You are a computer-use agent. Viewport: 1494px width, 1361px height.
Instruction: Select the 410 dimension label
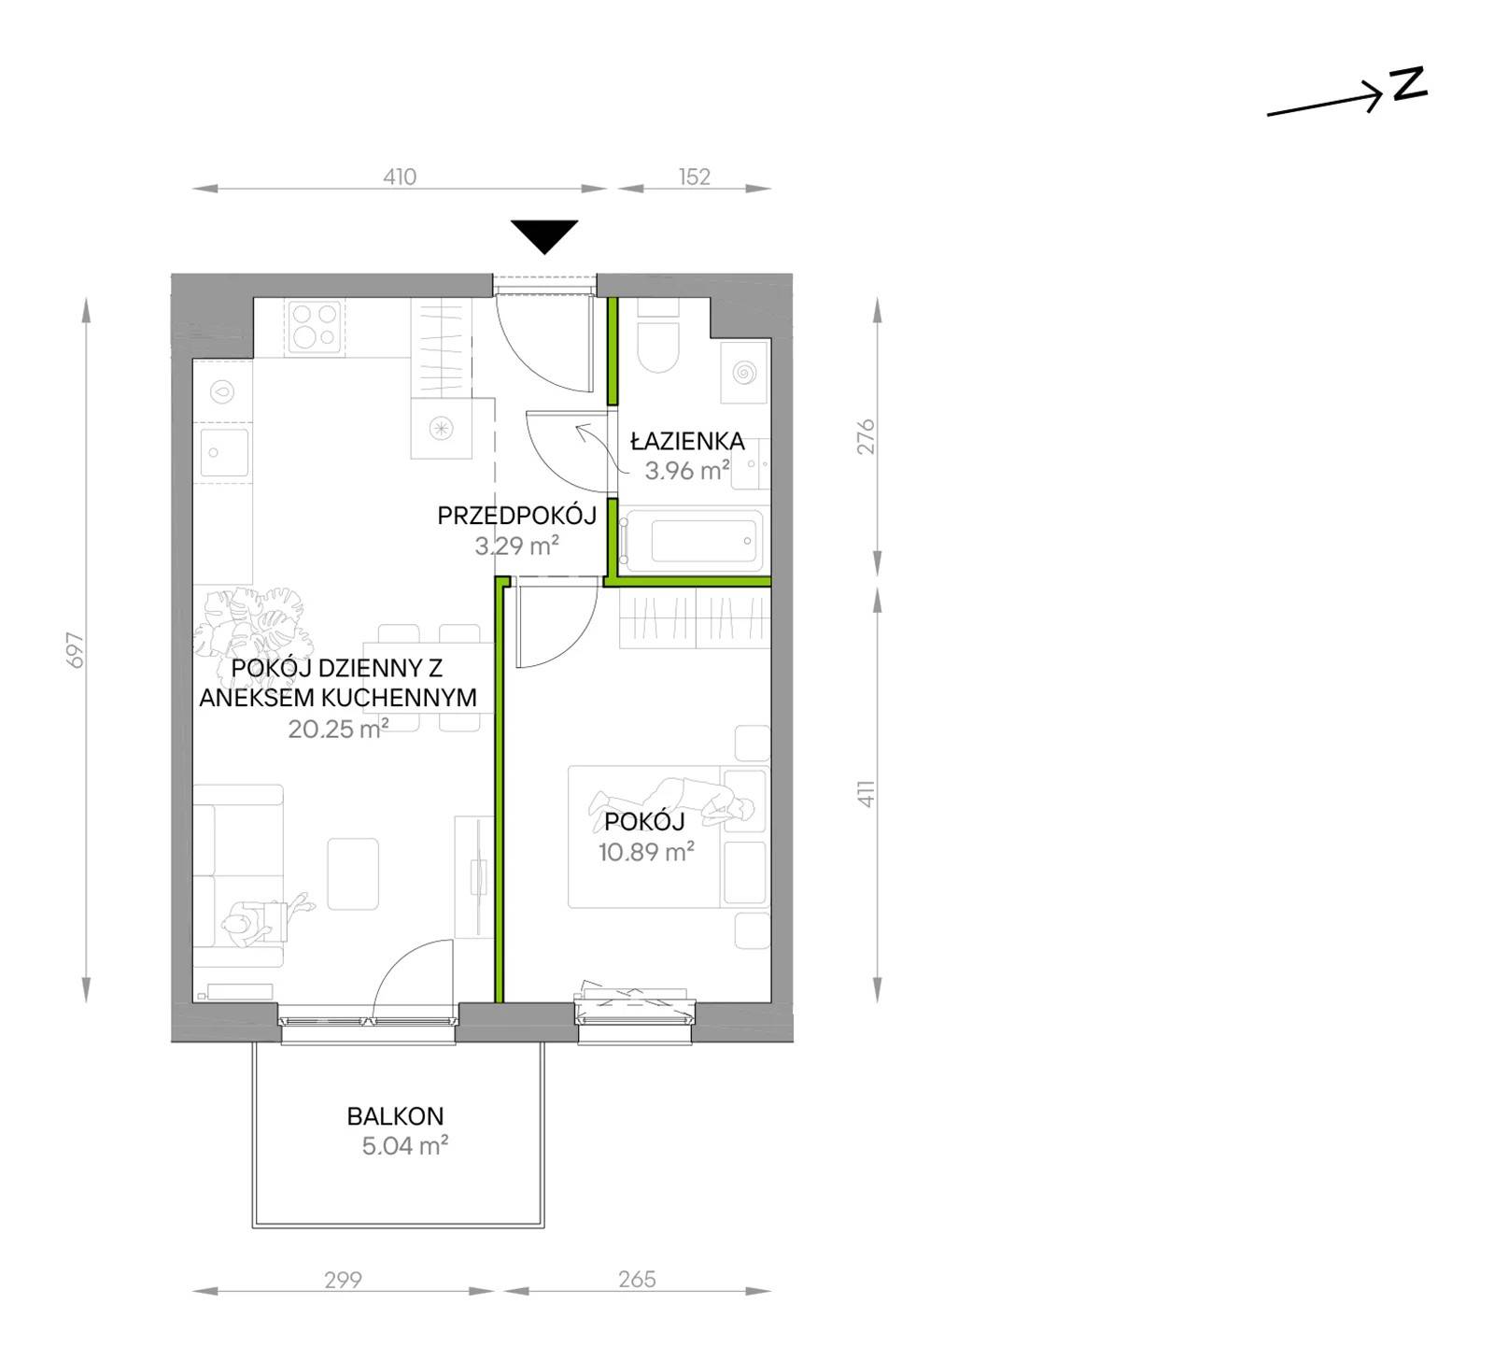click(x=400, y=177)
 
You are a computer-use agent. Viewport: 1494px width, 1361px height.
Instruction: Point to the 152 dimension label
click(x=695, y=177)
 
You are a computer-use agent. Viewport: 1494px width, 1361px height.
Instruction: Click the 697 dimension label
click(x=76, y=650)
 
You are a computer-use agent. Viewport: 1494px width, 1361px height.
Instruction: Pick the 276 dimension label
click(x=867, y=437)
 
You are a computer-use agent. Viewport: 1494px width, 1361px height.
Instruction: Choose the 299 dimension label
click(x=343, y=1279)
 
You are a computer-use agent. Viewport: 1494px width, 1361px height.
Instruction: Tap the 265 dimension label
click(x=637, y=1279)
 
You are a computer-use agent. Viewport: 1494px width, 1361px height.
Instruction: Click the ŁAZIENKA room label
click(x=687, y=440)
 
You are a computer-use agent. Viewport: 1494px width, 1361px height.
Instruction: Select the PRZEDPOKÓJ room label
click(x=516, y=515)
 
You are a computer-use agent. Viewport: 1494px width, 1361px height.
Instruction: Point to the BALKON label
click(x=395, y=1115)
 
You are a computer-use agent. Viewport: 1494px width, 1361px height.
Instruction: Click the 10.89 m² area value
click(x=646, y=852)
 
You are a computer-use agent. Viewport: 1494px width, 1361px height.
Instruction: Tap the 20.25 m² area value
click(x=338, y=729)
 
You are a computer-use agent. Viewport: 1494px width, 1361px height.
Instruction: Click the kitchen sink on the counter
click(x=223, y=452)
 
